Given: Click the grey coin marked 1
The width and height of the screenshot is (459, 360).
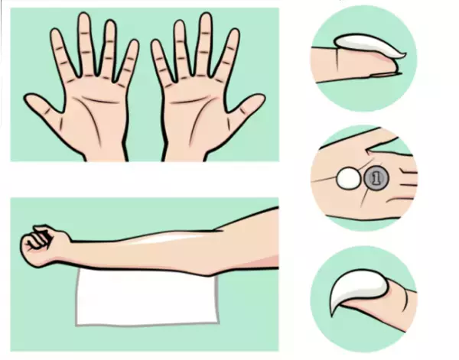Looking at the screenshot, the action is coord(376,177).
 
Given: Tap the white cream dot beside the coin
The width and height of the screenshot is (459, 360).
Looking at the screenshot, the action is coord(349,178).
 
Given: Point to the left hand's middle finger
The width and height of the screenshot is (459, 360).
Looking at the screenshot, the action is coord(86,44).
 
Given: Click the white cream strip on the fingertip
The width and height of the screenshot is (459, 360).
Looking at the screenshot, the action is coord(369,45).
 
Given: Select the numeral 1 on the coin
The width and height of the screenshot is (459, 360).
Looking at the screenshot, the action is coord(377,177).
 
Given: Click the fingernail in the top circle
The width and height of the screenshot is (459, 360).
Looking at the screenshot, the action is coord(383,75).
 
